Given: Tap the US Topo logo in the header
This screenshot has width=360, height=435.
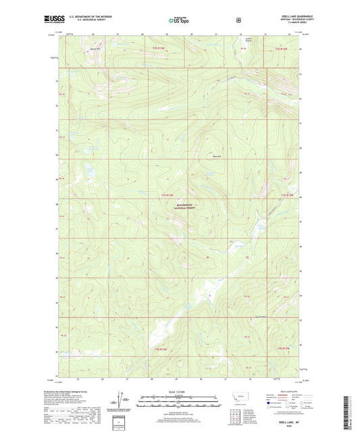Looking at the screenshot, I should tap(179, 21).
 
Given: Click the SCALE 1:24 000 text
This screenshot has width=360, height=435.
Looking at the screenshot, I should tap(179, 391).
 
